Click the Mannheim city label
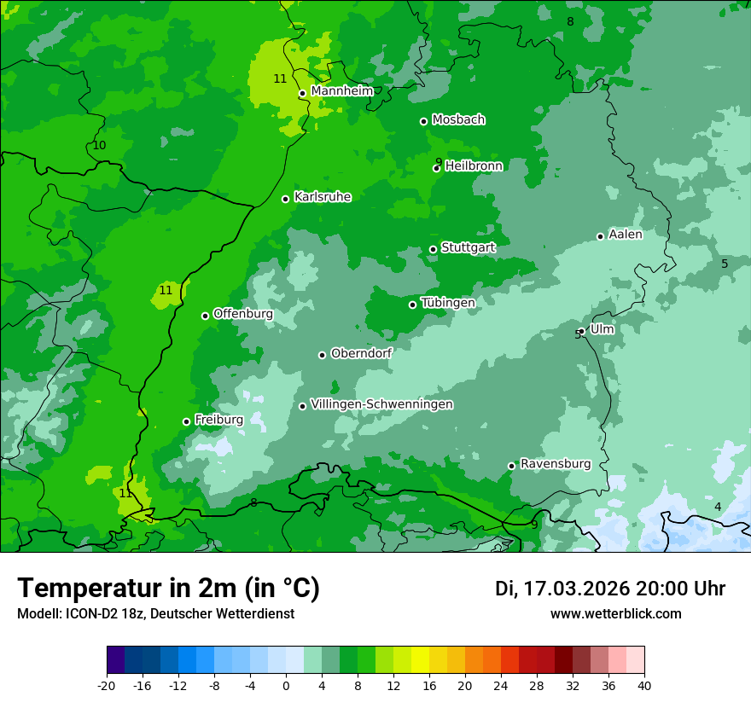pos(341,91)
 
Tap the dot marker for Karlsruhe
pos(286,199)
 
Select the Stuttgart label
pos(468,247)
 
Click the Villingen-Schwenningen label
pos(381,404)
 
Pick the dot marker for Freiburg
pos(186,421)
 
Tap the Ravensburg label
pos(556,464)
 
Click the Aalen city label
pos(626,235)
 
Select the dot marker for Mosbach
pos(423,121)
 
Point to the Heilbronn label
pos(474,166)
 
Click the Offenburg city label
pos(243,314)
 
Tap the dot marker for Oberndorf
pos(322,355)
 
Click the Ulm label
pos(602,329)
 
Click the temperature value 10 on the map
pos(100,146)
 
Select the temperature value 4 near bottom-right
pos(718,508)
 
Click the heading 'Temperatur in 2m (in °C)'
pos(168,588)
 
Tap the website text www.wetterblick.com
pos(615,613)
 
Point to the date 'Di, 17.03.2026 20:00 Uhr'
pos(610,589)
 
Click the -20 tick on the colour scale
pos(107,686)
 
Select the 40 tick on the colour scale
pos(643,686)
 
